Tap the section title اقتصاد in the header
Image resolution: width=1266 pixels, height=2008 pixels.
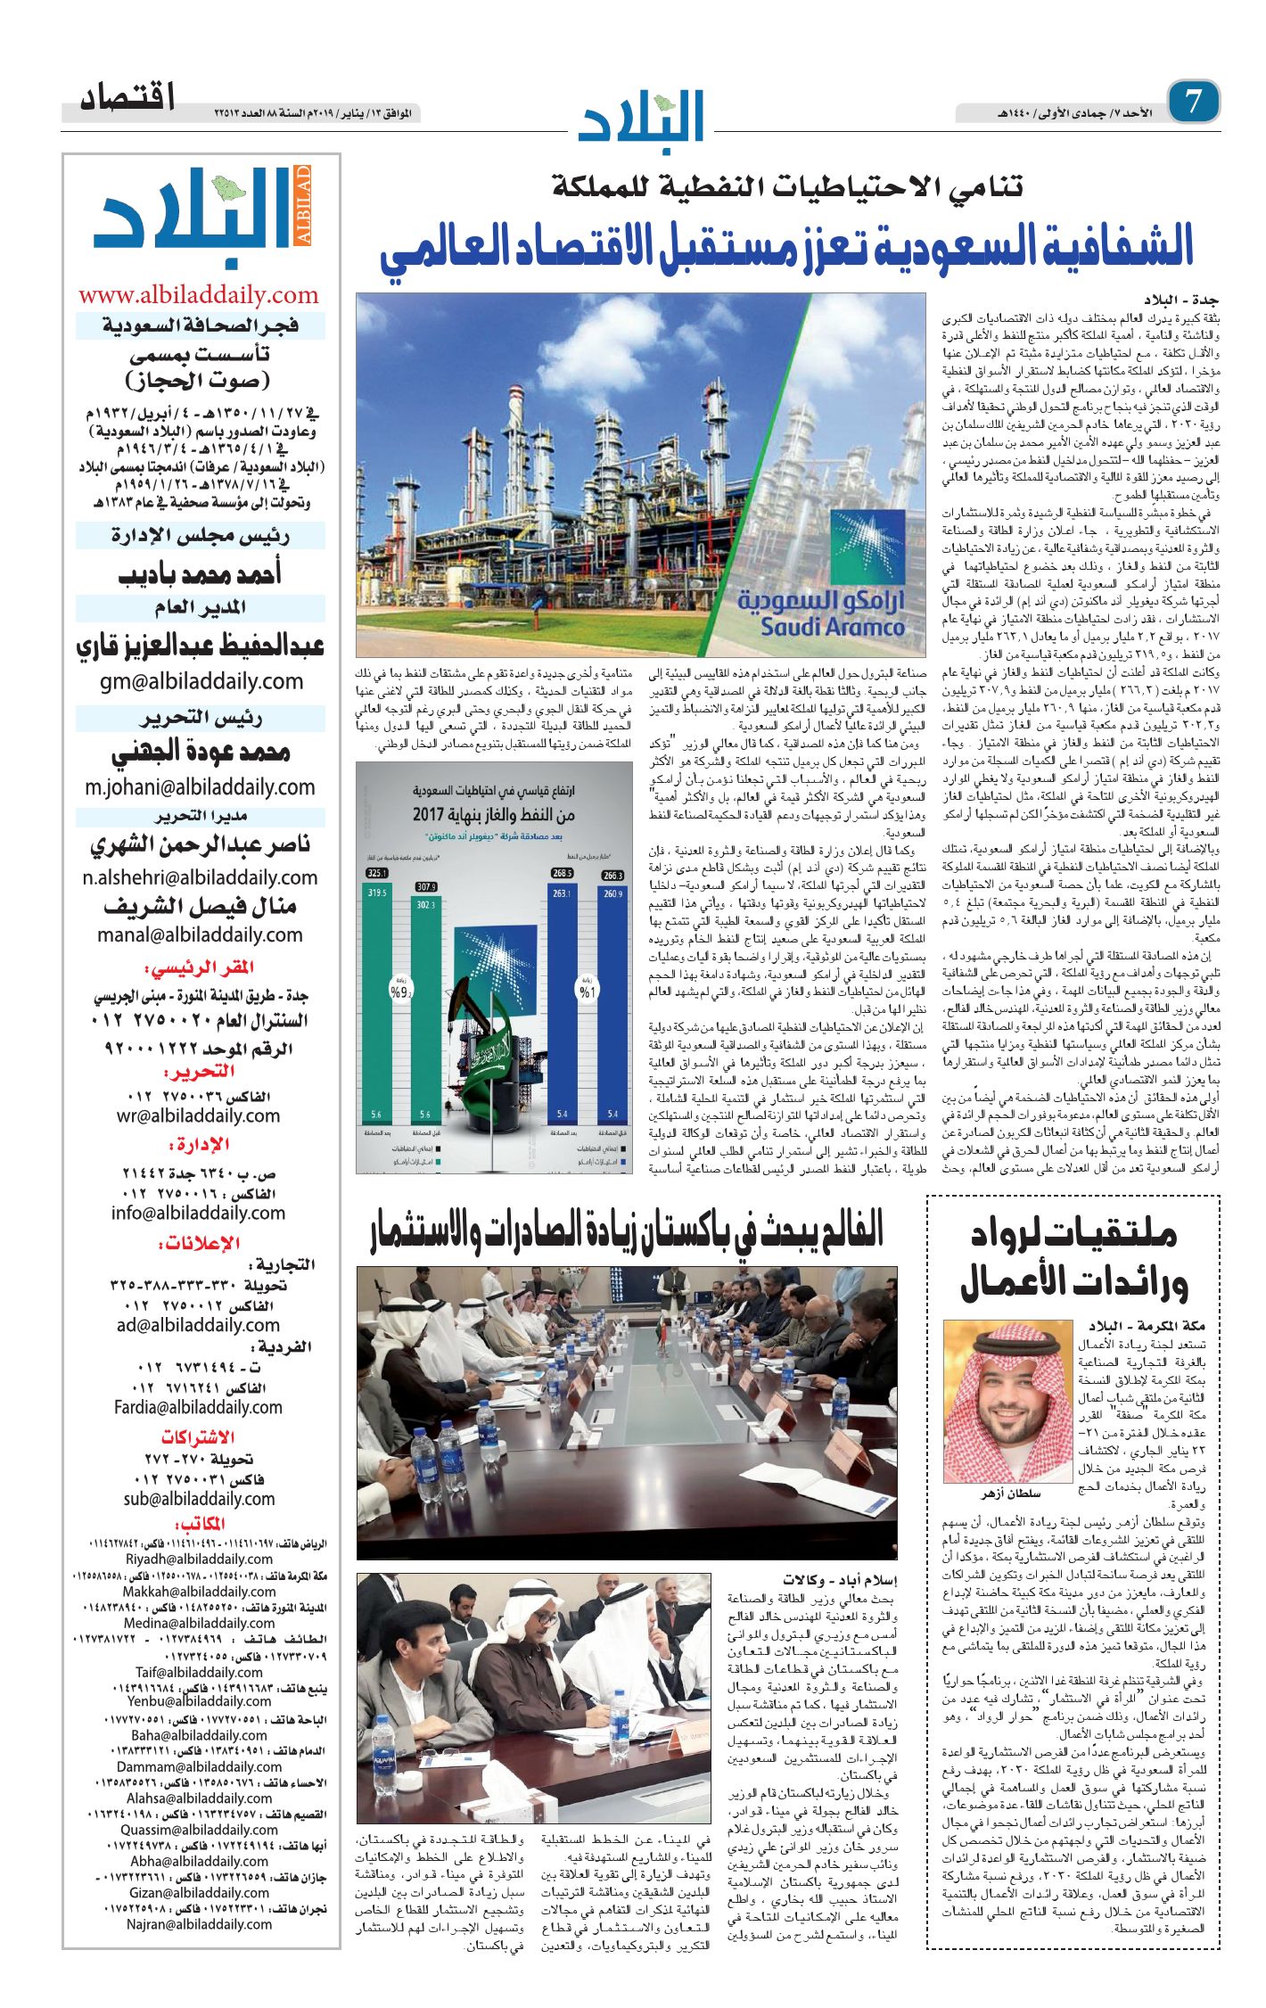[x=127, y=97]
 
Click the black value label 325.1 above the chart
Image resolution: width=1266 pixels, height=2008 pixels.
[x=378, y=873]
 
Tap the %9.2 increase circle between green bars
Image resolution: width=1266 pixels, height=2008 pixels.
[x=400, y=991]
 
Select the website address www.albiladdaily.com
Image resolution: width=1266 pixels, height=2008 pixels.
[x=199, y=295]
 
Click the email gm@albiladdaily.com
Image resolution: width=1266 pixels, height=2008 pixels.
[x=201, y=681]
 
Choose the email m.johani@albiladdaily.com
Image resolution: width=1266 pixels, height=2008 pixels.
[x=201, y=787]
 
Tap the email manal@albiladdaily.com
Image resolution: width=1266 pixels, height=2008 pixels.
[x=201, y=934]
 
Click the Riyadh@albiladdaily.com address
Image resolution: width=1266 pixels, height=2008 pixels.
[x=200, y=1559]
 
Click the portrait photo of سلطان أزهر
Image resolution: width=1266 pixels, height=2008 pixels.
[x=1007, y=1401]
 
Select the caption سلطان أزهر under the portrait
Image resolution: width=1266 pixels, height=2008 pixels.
[x=1011, y=1494]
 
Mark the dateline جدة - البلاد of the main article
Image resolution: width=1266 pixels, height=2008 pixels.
[x=1181, y=300]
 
